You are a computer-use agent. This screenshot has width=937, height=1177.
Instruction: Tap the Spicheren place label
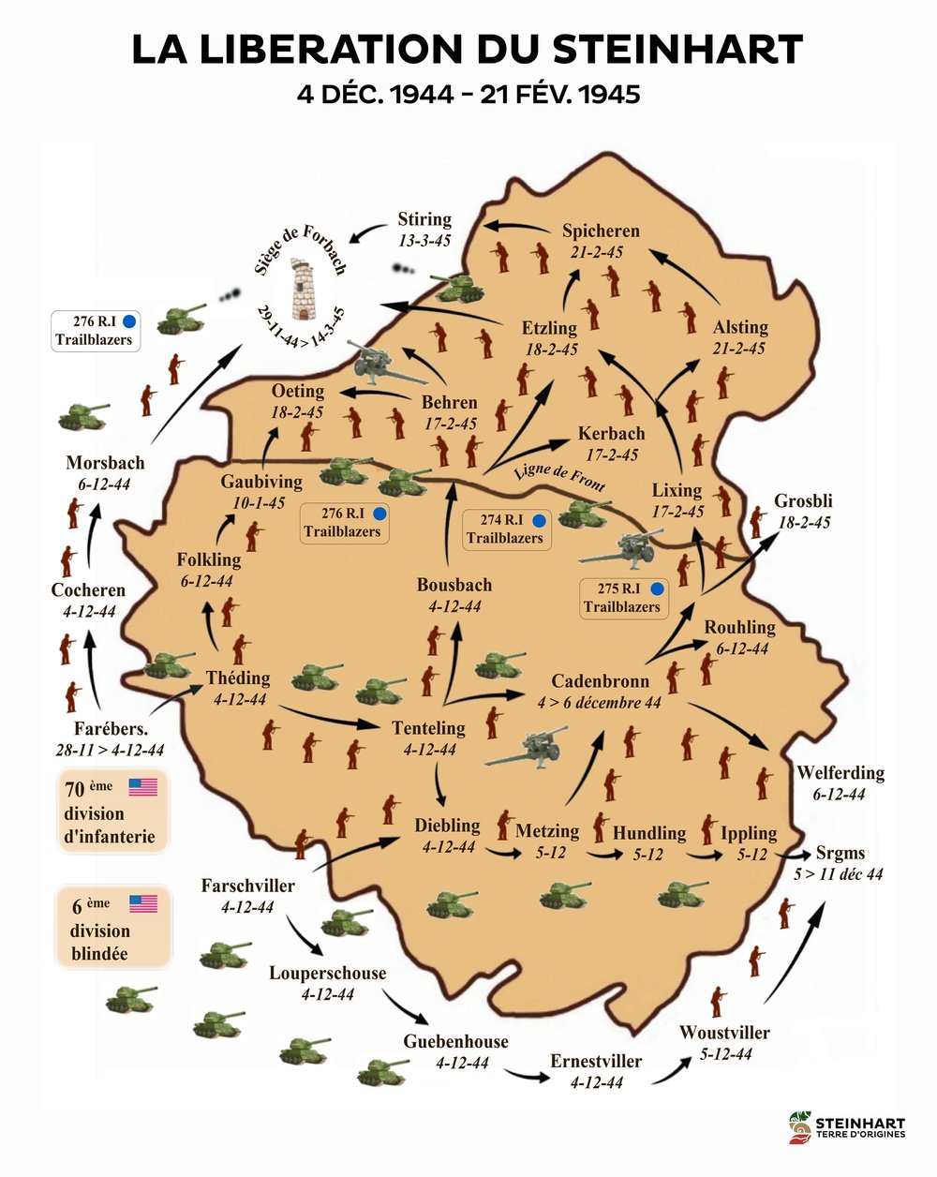[601, 231]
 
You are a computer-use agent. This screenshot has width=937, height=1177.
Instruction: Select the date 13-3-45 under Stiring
[424, 240]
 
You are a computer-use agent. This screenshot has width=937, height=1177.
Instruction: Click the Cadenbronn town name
[600, 681]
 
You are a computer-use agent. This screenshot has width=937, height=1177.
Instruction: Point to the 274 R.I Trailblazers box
[505, 529]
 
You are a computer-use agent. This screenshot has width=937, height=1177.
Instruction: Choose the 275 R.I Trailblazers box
[622, 598]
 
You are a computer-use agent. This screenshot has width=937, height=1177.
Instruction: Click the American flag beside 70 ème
[142, 787]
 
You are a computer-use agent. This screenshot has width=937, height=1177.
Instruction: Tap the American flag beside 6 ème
[142, 903]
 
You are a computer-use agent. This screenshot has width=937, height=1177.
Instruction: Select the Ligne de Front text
[559, 477]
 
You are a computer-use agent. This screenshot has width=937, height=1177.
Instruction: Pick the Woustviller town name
[724, 1033]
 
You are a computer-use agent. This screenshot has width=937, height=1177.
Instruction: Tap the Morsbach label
[105, 463]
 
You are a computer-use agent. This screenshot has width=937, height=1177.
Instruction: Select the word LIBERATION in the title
[340, 49]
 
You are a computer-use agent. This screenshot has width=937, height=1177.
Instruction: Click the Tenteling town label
[428, 727]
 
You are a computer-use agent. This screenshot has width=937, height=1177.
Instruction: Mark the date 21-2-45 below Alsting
[739, 348]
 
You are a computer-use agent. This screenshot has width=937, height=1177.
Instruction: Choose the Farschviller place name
[247, 886]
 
